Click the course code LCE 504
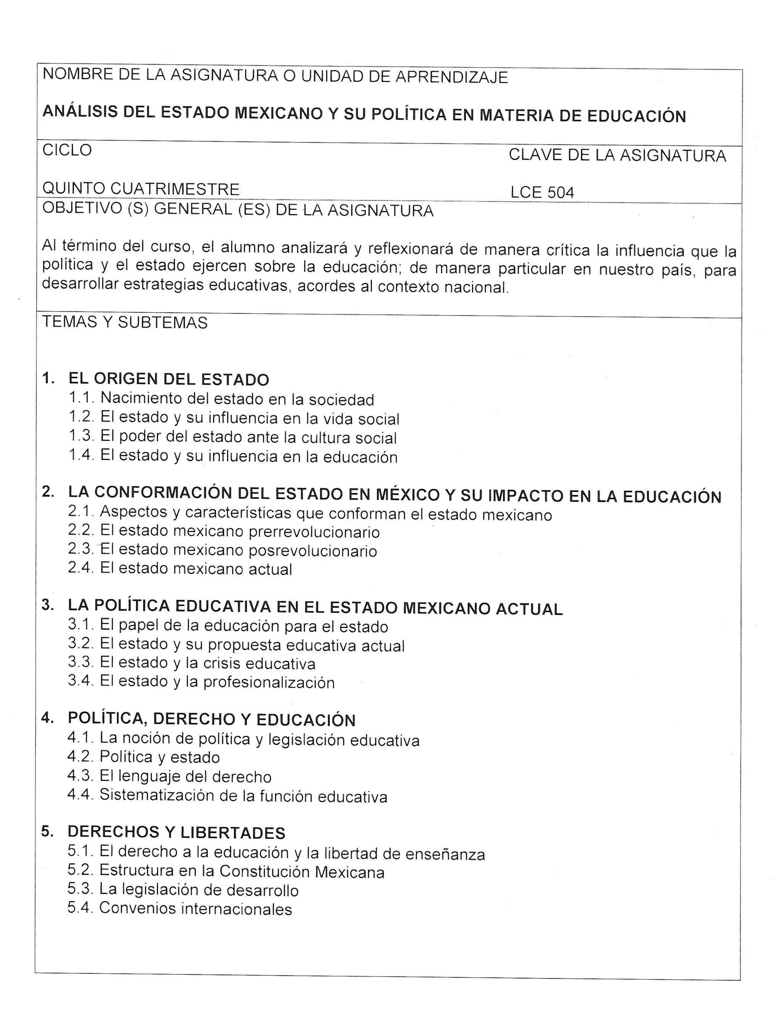(542, 192)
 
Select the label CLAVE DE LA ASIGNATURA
(617, 155)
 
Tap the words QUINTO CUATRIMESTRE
(141, 189)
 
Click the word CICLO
(67, 150)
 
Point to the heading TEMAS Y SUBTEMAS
(125, 322)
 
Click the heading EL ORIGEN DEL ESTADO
(168, 379)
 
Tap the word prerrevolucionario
(314, 532)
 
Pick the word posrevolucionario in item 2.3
(313, 551)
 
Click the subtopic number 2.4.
(81, 568)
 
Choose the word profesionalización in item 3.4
(269, 682)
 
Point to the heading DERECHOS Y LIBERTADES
(176, 832)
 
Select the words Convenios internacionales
(195, 909)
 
